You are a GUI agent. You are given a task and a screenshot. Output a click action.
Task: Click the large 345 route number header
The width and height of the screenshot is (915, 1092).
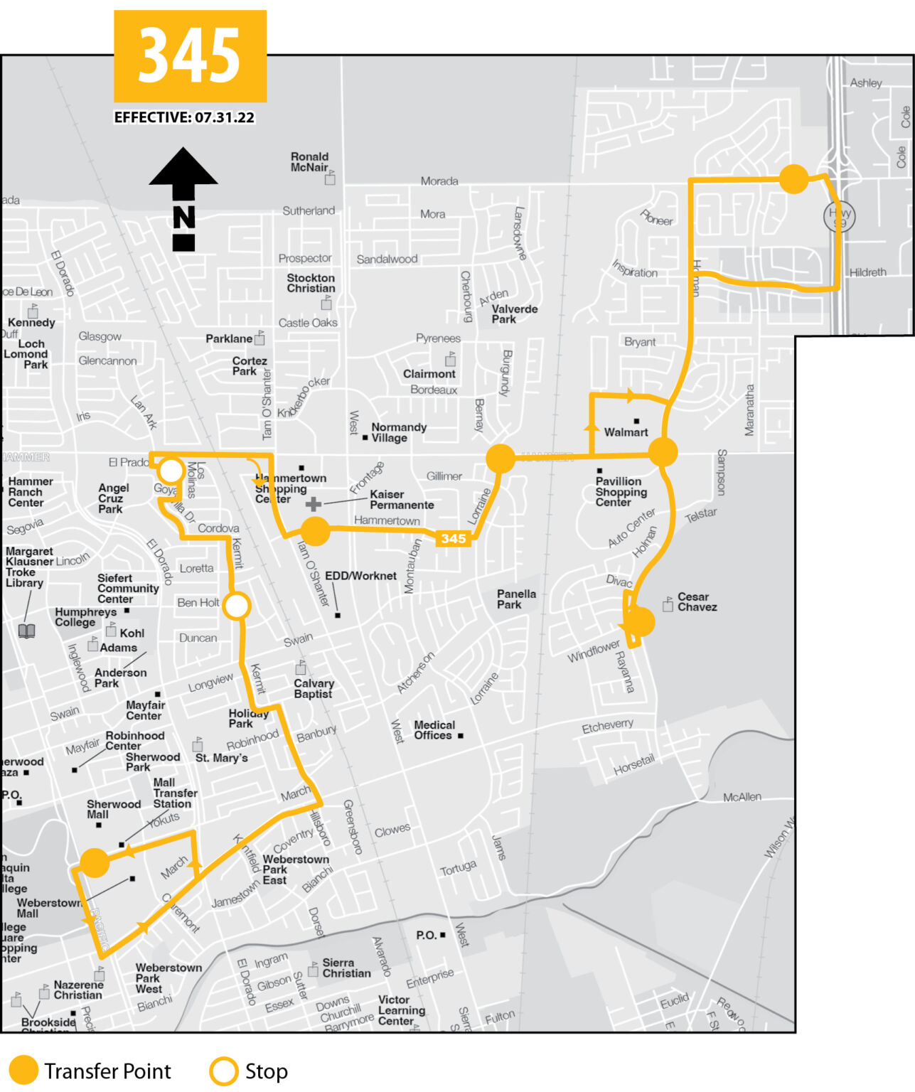tap(190, 55)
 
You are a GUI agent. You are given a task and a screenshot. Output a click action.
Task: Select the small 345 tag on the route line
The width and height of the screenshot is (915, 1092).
tap(453, 538)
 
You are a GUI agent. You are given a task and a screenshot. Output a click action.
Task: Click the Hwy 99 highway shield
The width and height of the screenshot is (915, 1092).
tap(839, 216)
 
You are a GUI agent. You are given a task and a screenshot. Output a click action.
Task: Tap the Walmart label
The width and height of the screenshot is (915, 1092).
tap(626, 432)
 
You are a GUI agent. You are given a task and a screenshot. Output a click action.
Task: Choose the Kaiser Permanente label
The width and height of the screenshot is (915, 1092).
tap(402, 499)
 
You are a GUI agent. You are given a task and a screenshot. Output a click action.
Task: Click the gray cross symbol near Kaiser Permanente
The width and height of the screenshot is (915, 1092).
tap(313, 504)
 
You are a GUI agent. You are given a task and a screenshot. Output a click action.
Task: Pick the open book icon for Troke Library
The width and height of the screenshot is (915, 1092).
tap(26, 631)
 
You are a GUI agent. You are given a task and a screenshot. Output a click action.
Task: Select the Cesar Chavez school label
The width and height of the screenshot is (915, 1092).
tap(697, 601)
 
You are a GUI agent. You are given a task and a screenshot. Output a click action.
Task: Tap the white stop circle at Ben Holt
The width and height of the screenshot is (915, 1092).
tap(236, 606)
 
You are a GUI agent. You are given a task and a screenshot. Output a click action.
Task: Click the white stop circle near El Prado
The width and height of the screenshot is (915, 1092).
tap(171, 471)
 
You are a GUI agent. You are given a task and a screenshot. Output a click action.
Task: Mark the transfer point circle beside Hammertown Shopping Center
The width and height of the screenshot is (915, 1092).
tap(315, 531)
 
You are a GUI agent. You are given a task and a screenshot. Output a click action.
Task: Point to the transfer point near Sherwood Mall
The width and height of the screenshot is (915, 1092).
tap(95, 862)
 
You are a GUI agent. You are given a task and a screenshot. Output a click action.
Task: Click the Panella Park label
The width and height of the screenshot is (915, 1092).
tap(516, 599)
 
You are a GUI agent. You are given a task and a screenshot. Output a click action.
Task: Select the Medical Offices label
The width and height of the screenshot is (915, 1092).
tap(434, 730)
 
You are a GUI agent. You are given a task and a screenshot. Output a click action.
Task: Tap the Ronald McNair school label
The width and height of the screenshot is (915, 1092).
tap(309, 162)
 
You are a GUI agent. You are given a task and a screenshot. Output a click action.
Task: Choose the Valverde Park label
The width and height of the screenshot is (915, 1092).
tap(514, 314)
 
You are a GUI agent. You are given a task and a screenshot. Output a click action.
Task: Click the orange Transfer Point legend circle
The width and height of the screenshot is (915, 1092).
tap(23, 1071)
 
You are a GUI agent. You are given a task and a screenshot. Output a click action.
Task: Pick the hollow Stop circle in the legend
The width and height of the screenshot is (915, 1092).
tap(223, 1071)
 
